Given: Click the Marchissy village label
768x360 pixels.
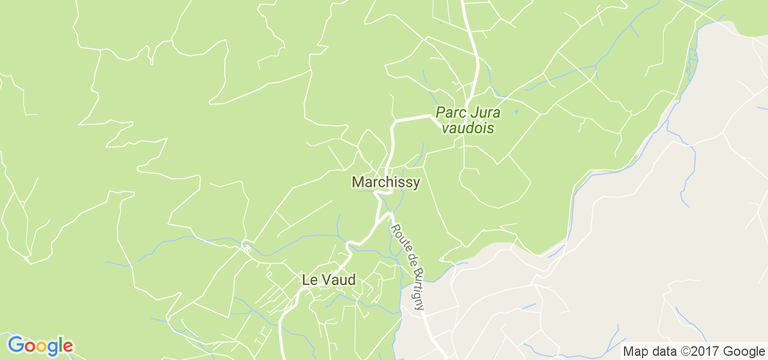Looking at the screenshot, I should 386,182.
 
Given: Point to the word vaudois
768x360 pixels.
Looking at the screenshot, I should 467,128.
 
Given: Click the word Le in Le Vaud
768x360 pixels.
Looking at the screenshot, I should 309,280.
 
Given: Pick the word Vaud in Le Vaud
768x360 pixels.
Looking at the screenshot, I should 338,280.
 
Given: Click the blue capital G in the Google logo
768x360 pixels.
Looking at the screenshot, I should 16,345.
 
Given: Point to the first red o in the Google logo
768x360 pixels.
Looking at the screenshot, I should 29,347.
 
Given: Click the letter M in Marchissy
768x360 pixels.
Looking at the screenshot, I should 358,182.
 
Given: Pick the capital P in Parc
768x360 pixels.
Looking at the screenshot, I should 440,113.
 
